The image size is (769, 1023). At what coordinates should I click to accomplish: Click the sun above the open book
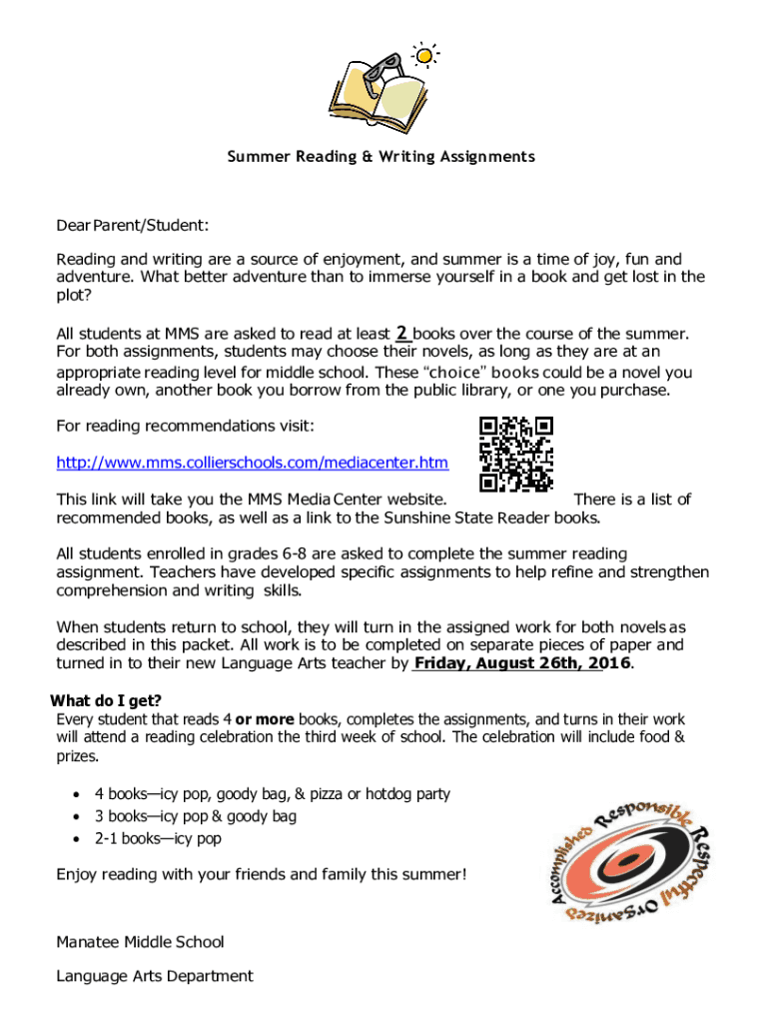(425, 55)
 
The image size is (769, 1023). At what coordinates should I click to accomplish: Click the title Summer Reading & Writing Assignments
(381, 157)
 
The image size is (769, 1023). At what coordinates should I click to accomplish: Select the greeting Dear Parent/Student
(132, 227)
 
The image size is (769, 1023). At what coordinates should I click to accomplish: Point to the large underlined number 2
(401, 333)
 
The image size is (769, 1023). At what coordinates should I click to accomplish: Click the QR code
(516, 454)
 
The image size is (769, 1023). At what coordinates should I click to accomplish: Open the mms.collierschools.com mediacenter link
(252, 464)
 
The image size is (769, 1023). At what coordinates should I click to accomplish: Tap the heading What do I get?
(106, 699)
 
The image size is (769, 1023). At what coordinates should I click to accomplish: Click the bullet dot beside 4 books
(77, 795)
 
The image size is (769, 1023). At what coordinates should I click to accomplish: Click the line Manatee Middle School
(140, 941)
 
